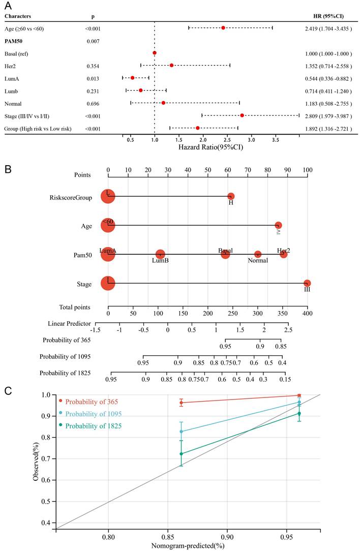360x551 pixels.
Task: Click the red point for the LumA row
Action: coord(133,78)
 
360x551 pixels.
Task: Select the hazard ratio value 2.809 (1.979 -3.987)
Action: coord(325,116)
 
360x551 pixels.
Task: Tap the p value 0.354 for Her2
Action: coord(92,66)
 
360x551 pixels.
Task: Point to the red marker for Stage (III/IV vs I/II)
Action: coord(242,115)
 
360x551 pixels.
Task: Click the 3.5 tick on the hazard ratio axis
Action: coord(275,138)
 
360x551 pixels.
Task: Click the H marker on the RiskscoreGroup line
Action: coord(231,196)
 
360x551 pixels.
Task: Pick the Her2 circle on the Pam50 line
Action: coord(284,254)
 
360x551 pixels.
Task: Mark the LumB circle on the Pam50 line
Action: coord(160,254)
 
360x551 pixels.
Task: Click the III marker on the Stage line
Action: coord(307,283)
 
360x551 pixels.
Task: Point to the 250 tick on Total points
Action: coord(232,315)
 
